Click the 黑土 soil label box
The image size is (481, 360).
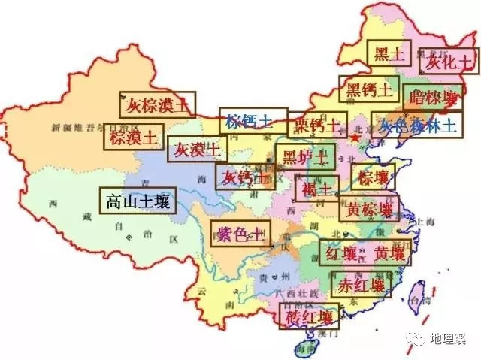click(390, 53)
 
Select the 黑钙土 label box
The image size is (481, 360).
click(368, 90)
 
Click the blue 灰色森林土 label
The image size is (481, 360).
click(417, 126)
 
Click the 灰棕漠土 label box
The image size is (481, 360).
click(158, 104)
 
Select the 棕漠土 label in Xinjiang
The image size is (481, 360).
click(132, 137)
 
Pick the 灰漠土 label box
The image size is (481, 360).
click(195, 150)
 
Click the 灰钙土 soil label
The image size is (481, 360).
click(240, 177)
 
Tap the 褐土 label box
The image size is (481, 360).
click(316, 188)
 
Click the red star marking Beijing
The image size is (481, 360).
click(355, 138)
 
